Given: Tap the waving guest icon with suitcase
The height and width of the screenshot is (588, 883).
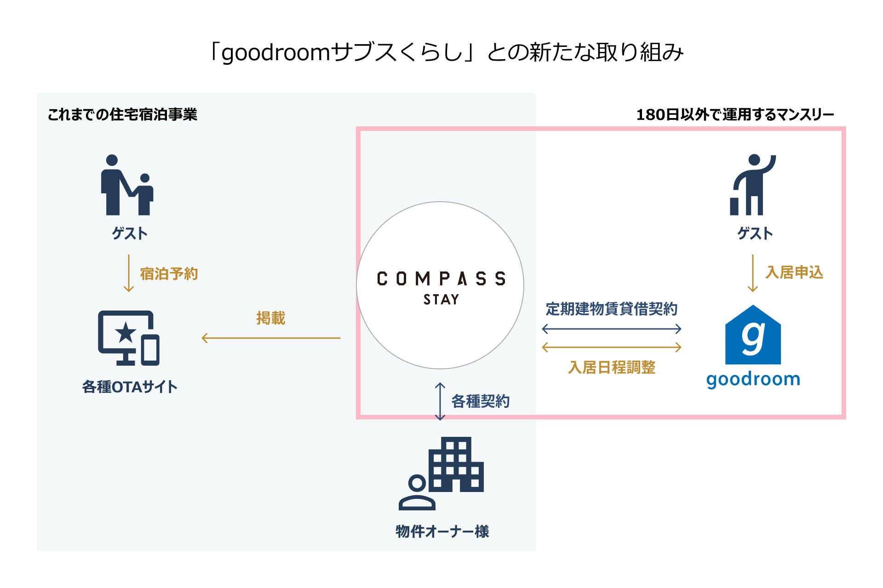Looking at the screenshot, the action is click(753, 185).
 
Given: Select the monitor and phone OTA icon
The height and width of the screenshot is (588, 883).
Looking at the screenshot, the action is click(129, 338).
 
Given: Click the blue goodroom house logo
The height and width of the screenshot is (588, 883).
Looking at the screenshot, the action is click(753, 335).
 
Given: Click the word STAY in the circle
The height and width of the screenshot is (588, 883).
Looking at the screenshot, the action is click(441, 300).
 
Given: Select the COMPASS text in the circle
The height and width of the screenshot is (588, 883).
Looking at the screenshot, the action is click(441, 278).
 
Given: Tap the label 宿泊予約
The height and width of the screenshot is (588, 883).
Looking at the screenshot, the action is click(169, 274).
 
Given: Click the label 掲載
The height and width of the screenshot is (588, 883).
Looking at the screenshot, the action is click(271, 318).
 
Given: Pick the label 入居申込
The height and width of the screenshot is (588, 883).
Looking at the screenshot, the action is click(794, 272).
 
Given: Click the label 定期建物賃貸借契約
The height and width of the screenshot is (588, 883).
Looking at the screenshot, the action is click(612, 309).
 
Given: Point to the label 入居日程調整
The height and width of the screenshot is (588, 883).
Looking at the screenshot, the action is click(612, 367).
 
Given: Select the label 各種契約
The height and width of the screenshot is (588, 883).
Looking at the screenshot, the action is click(480, 401).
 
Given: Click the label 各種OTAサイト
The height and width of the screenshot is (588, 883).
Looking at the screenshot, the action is click(130, 387).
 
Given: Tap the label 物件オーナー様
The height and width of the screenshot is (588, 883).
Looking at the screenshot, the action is click(442, 531).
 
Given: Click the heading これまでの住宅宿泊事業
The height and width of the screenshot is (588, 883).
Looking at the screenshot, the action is click(122, 114).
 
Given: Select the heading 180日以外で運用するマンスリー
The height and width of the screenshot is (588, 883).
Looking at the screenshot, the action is click(735, 114).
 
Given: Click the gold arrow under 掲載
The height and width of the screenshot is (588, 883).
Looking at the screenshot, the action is click(271, 338).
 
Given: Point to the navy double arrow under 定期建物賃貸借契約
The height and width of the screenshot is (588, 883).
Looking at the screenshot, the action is click(612, 329).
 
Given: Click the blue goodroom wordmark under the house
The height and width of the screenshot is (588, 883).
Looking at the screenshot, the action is click(753, 379).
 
